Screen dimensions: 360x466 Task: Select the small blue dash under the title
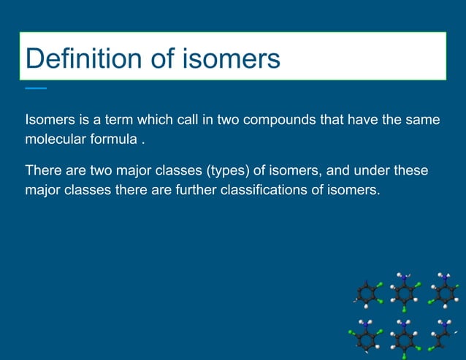pyautogui.click(x=35, y=88)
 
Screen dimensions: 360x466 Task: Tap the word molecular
pyautogui.click(x=56, y=139)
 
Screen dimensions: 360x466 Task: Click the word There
pyautogui.click(x=42, y=171)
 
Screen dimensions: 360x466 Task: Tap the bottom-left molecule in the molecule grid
pyautogui.click(x=365, y=336)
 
